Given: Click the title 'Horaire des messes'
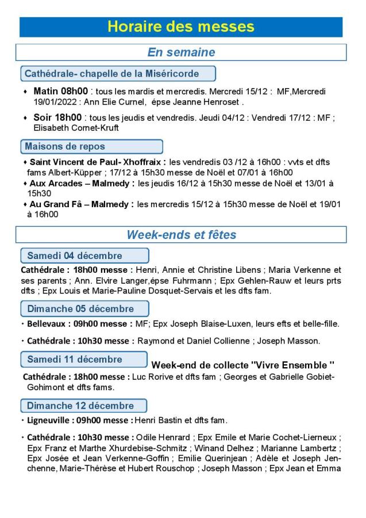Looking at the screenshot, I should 181,27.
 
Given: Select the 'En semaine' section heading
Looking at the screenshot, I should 181,52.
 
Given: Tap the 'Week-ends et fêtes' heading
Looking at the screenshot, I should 181,235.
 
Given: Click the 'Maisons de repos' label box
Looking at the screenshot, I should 91,146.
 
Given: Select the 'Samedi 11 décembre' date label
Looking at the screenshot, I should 84,360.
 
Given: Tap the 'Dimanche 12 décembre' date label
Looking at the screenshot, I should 84,405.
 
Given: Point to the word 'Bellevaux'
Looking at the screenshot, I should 41,323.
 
